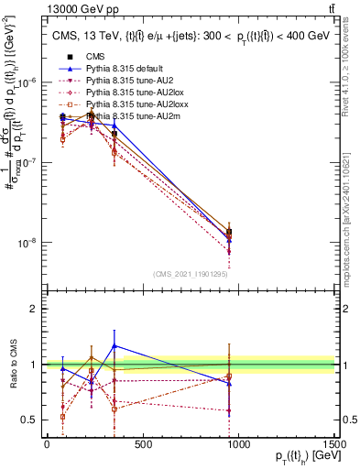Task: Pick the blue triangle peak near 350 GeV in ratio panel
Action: click(114, 345)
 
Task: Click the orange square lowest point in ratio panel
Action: click(62, 417)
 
